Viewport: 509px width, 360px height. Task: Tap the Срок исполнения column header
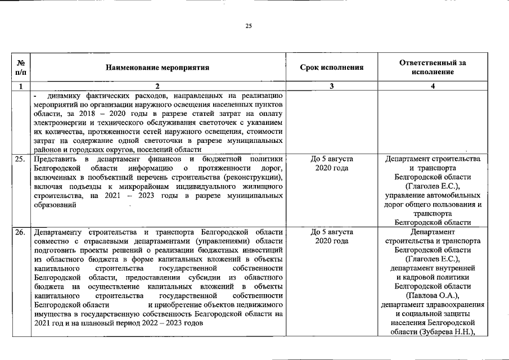pos(331,67)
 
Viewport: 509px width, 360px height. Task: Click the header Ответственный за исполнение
pos(432,67)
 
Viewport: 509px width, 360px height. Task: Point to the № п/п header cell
pos(21,67)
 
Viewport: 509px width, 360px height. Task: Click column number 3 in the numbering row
pos(331,87)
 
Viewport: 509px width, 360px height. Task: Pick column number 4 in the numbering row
pos(432,87)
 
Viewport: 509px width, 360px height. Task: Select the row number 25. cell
pos(20,159)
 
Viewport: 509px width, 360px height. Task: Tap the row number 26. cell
pos(20,232)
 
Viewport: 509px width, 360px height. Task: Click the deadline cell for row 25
pos(331,164)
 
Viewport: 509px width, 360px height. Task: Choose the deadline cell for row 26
pos(331,236)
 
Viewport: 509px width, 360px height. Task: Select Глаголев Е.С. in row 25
pos(433,186)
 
